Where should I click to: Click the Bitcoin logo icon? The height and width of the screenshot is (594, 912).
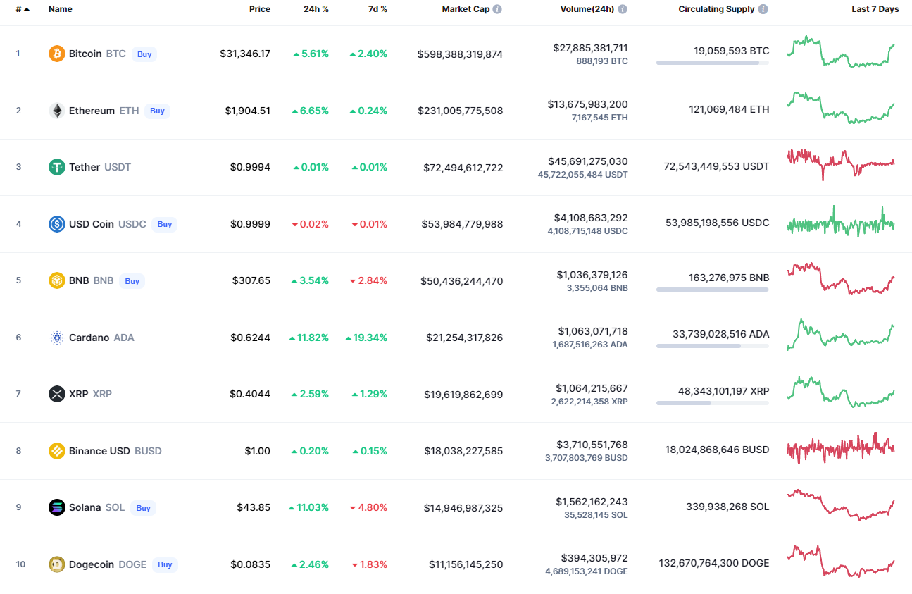(57, 54)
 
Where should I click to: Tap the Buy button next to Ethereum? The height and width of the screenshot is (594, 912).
(157, 111)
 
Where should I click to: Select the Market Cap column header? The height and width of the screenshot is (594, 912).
(466, 9)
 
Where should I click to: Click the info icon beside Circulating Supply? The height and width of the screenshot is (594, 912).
(763, 9)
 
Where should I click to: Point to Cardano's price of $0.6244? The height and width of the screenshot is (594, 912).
(250, 338)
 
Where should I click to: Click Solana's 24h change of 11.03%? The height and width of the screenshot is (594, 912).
(308, 507)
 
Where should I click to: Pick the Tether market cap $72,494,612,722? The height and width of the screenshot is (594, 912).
(463, 167)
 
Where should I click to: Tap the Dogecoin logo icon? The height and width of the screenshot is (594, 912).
(57, 564)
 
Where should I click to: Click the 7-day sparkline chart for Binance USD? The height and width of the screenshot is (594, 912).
(841, 448)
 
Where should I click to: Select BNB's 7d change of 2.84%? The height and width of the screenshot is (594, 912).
(369, 280)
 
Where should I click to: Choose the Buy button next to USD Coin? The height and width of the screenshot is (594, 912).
(164, 224)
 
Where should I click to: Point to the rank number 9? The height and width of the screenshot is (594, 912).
(18, 507)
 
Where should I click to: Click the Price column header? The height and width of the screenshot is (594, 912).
(259, 9)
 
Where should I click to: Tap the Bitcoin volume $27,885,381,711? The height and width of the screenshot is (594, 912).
(590, 48)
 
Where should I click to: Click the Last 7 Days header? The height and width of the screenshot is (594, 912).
(875, 9)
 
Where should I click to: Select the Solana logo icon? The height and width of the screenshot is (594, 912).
(57, 507)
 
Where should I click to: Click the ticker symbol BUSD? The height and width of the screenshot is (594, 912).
(148, 451)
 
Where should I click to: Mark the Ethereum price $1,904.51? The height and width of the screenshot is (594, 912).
(247, 111)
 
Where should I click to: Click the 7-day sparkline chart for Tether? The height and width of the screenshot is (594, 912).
(841, 163)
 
